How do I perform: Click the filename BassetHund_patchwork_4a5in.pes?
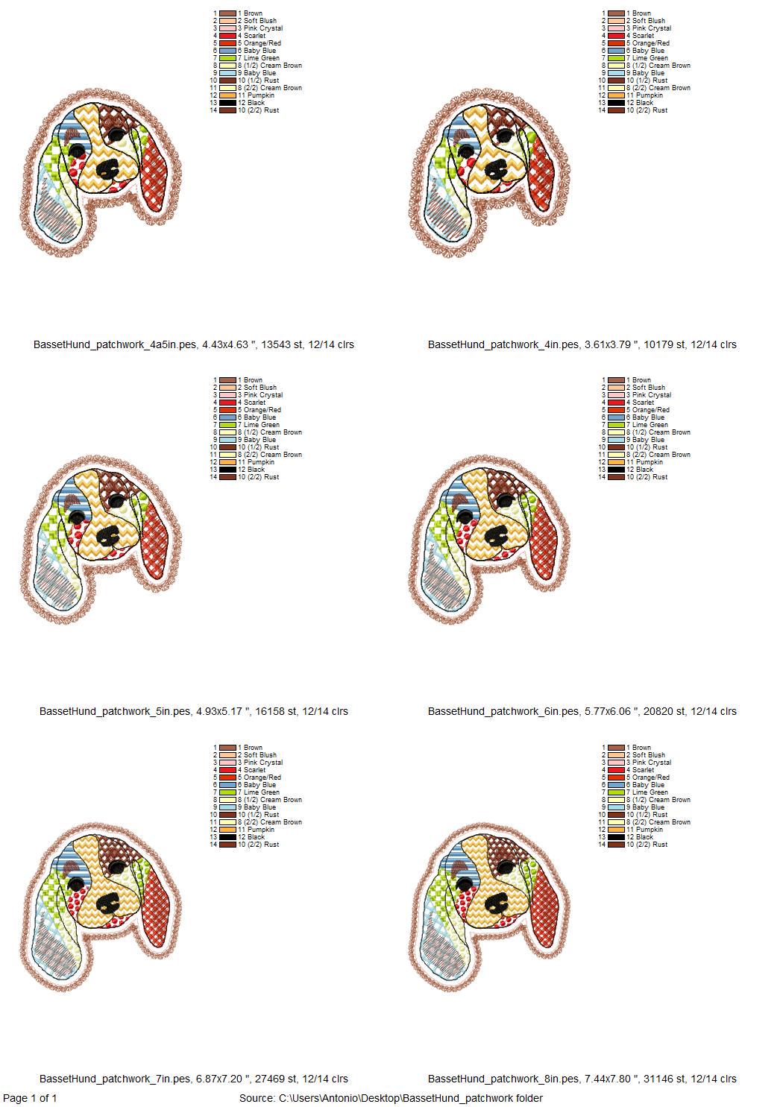click(x=115, y=344)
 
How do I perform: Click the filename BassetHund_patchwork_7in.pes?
click(x=115, y=1079)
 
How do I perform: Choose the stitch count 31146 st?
click(x=665, y=1079)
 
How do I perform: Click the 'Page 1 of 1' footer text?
click(x=30, y=1098)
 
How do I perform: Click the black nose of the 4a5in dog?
click(x=107, y=171)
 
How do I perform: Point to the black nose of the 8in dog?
click(x=495, y=905)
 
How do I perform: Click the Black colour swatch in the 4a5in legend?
click(x=227, y=103)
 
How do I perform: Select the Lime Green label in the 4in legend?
click(x=650, y=58)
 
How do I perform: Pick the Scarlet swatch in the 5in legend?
click(x=227, y=403)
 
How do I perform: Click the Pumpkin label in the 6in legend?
click(x=644, y=462)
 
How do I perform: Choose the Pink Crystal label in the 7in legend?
click(x=260, y=763)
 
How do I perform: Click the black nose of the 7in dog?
click(x=108, y=905)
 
